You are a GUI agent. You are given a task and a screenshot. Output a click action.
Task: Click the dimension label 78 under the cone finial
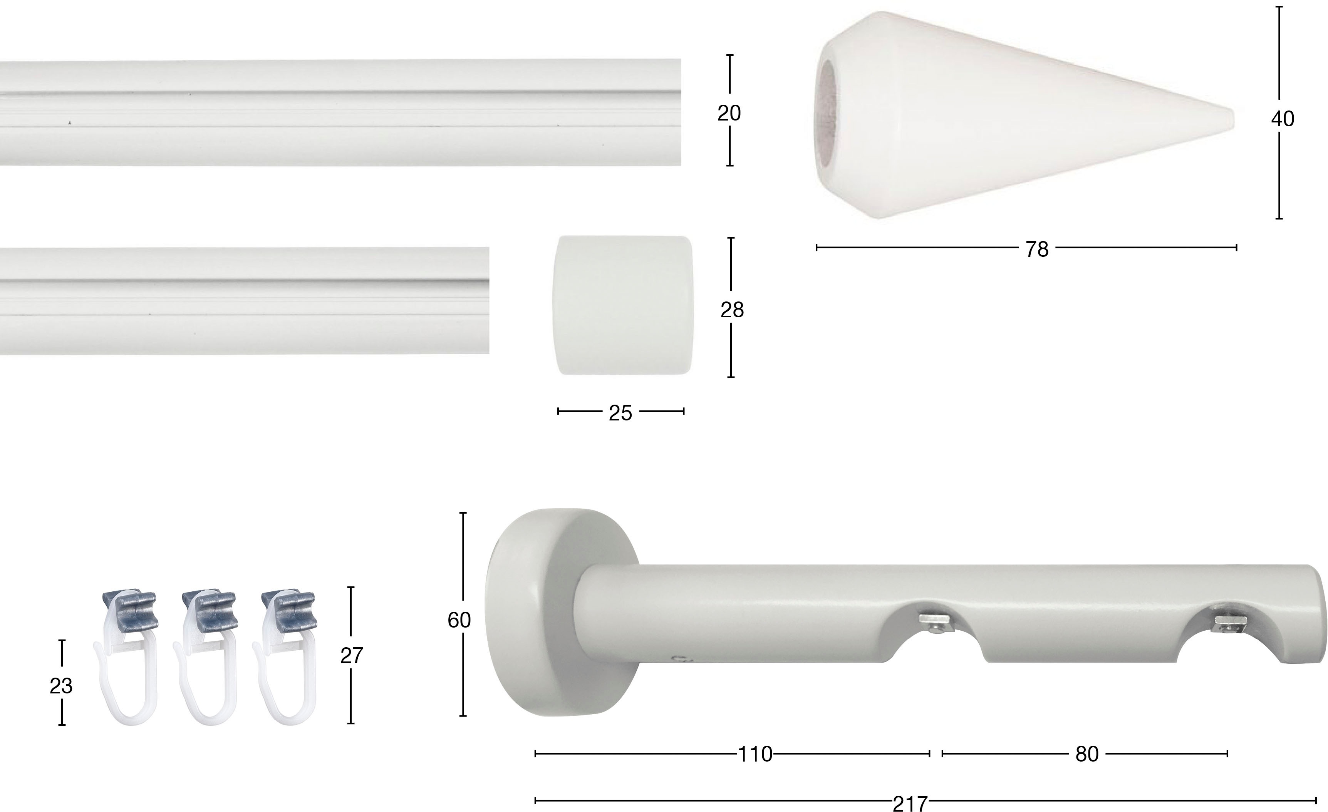click(1037, 249)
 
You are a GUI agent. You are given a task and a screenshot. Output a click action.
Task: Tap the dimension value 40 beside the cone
click(1282, 119)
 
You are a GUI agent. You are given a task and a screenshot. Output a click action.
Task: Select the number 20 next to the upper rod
click(729, 113)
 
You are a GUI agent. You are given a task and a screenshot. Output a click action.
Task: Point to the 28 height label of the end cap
click(732, 310)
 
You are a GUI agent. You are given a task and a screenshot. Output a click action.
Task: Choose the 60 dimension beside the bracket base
click(459, 620)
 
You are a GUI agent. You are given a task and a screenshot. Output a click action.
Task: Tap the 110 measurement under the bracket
click(755, 754)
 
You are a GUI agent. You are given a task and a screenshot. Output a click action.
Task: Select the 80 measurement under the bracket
click(1087, 754)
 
